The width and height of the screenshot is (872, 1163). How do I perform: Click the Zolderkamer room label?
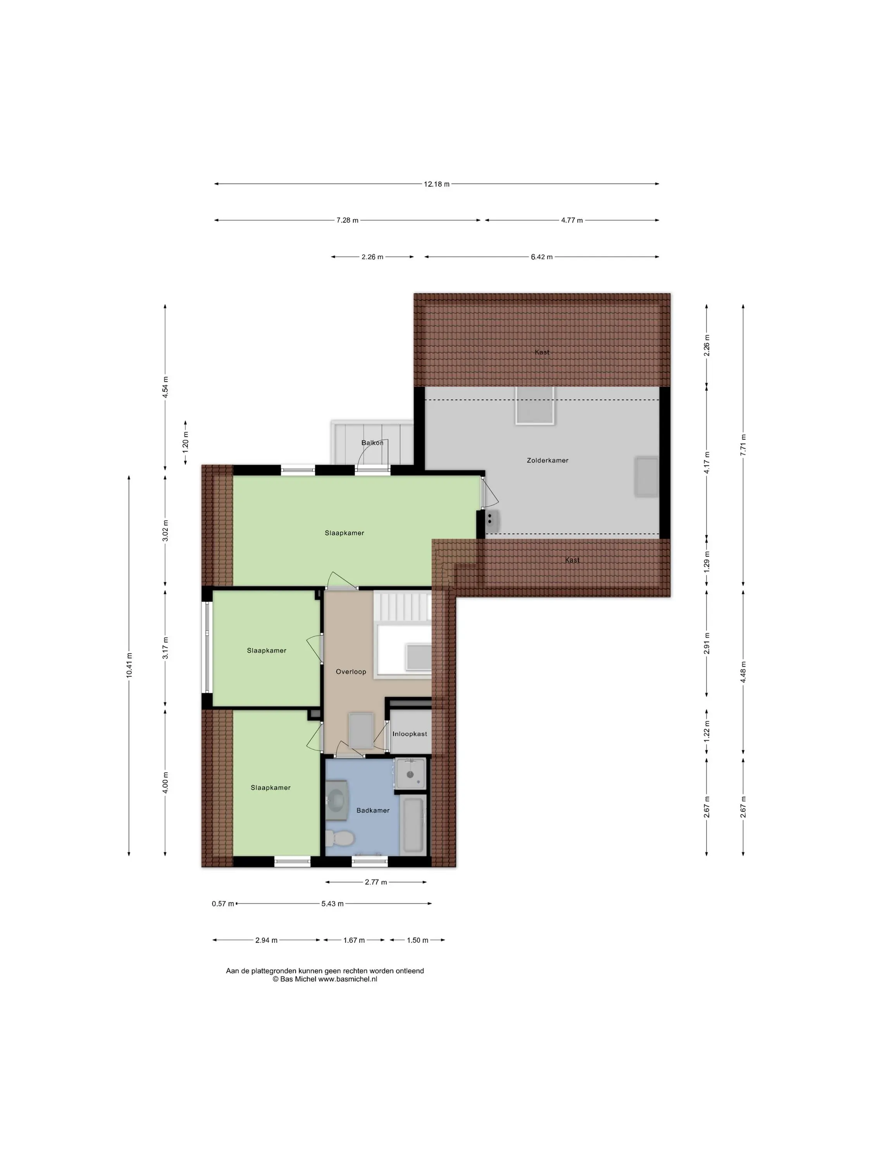(547, 460)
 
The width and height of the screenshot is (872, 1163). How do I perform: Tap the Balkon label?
(372, 443)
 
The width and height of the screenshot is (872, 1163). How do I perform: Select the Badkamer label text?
(373, 810)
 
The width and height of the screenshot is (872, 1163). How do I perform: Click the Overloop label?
(351, 671)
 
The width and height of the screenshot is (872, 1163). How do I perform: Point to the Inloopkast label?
(410, 733)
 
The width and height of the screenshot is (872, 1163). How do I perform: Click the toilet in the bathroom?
(339, 837)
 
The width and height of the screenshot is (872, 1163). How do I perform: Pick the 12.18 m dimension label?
(437, 184)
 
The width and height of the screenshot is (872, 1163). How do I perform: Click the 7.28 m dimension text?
(347, 220)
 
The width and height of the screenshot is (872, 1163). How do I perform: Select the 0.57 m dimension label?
(223, 904)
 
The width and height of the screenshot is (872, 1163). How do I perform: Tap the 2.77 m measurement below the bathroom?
(376, 882)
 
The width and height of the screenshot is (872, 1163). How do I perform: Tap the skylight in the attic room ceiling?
(534, 405)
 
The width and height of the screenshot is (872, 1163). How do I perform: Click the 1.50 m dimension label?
(417, 940)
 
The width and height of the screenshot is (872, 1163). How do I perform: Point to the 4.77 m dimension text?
(572, 220)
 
